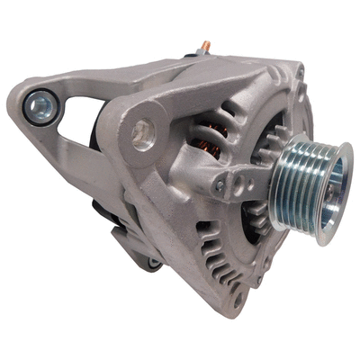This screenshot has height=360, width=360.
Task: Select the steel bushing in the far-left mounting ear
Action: (39, 108)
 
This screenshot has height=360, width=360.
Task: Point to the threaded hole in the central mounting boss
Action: (144, 136)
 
